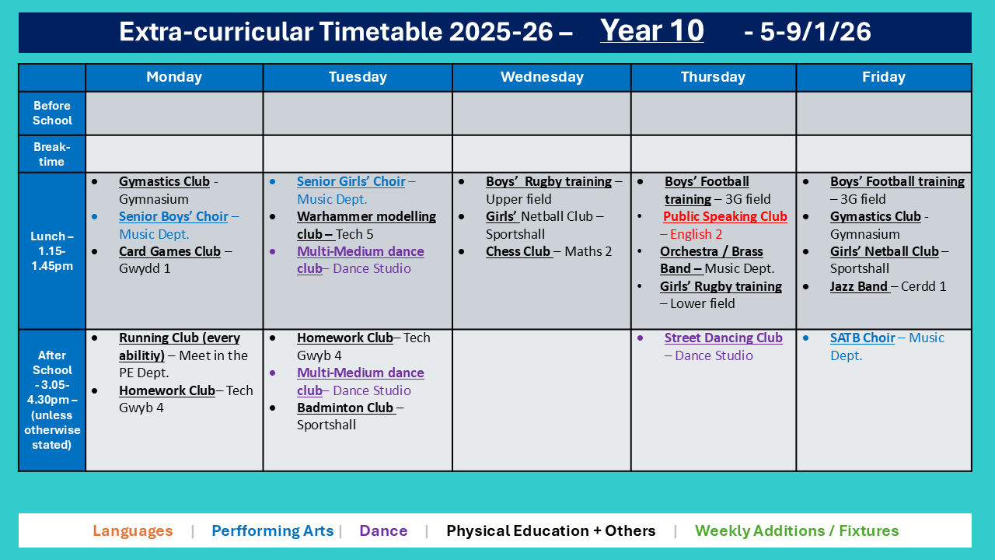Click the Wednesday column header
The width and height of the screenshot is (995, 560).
click(x=541, y=77)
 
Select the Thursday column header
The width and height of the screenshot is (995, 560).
click(x=713, y=77)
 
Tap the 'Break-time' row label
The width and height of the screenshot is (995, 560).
click(x=52, y=154)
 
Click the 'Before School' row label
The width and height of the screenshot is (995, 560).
click(x=52, y=113)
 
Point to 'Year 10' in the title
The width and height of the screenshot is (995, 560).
click(x=651, y=31)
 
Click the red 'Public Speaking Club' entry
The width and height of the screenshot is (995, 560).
click(x=724, y=217)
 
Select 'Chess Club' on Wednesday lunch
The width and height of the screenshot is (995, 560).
click(x=518, y=251)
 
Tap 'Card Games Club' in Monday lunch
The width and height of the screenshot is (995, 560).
click(x=169, y=251)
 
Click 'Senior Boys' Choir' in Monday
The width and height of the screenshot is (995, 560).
click(x=173, y=216)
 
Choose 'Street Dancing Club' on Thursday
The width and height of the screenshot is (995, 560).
click(x=723, y=338)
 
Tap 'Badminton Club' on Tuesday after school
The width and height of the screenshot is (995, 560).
click(x=345, y=408)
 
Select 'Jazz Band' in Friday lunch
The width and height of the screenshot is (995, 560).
click(x=859, y=286)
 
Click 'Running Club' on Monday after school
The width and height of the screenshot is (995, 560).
click(x=179, y=338)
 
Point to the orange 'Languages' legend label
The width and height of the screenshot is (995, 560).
click(x=132, y=531)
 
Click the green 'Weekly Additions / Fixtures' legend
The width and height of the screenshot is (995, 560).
click(x=796, y=531)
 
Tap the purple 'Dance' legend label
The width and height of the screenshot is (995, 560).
click(x=383, y=531)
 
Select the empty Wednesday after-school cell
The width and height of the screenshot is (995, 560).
click(x=541, y=400)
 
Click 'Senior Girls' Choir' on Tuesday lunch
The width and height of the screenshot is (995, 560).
click(x=351, y=181)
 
